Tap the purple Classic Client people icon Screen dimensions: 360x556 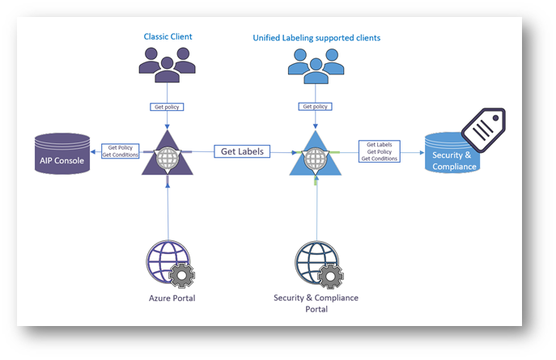pyautogui.click(x=167, y=63)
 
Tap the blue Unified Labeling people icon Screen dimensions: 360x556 pyautogui.click(x=315, y=63)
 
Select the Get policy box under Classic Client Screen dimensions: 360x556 pyautogui.click(x=166, y=106)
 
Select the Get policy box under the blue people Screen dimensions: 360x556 pyautogui.click(x=316, y=106)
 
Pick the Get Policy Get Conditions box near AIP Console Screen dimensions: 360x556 pyautogui.click(x=117, y=150)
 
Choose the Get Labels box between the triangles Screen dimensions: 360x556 pyautogui.click(x=242, y=151)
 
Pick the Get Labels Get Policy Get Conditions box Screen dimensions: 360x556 pyautogui.click(x=380, y=151)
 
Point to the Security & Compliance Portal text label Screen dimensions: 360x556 pyautogui.click(x=316, y=304)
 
